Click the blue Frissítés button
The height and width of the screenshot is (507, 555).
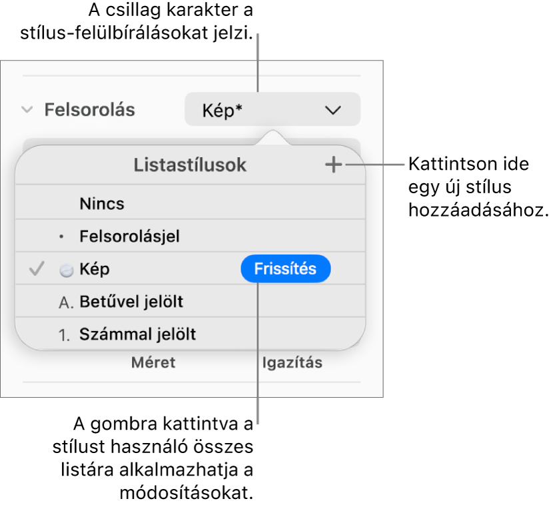(286, 268)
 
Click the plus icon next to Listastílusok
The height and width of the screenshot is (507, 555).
(333, 165)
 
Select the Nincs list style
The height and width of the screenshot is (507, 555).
(102, 204)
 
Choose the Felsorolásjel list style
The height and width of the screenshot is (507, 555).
(129, 236)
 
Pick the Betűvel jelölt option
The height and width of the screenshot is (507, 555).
(131, 302)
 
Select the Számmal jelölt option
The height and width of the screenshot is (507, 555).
(138, 334)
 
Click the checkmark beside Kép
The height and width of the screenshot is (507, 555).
(37, 268)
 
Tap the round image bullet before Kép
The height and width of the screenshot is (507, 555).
(66, 270)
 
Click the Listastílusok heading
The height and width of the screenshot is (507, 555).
(190, 165)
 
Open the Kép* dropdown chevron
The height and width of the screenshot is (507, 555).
(333, 111)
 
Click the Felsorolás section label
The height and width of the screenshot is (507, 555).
(89, 110)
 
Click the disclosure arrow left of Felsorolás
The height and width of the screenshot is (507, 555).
(27, 110)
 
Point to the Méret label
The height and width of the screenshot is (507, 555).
(153, 362)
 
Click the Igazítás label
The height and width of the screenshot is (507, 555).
(292, 363)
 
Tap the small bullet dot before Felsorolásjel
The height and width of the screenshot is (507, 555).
(61, 237)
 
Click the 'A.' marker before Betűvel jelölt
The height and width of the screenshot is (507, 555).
(66, 302)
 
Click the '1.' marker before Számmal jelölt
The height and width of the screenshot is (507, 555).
(65, 335)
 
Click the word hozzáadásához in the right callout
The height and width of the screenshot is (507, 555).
(478, 211)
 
